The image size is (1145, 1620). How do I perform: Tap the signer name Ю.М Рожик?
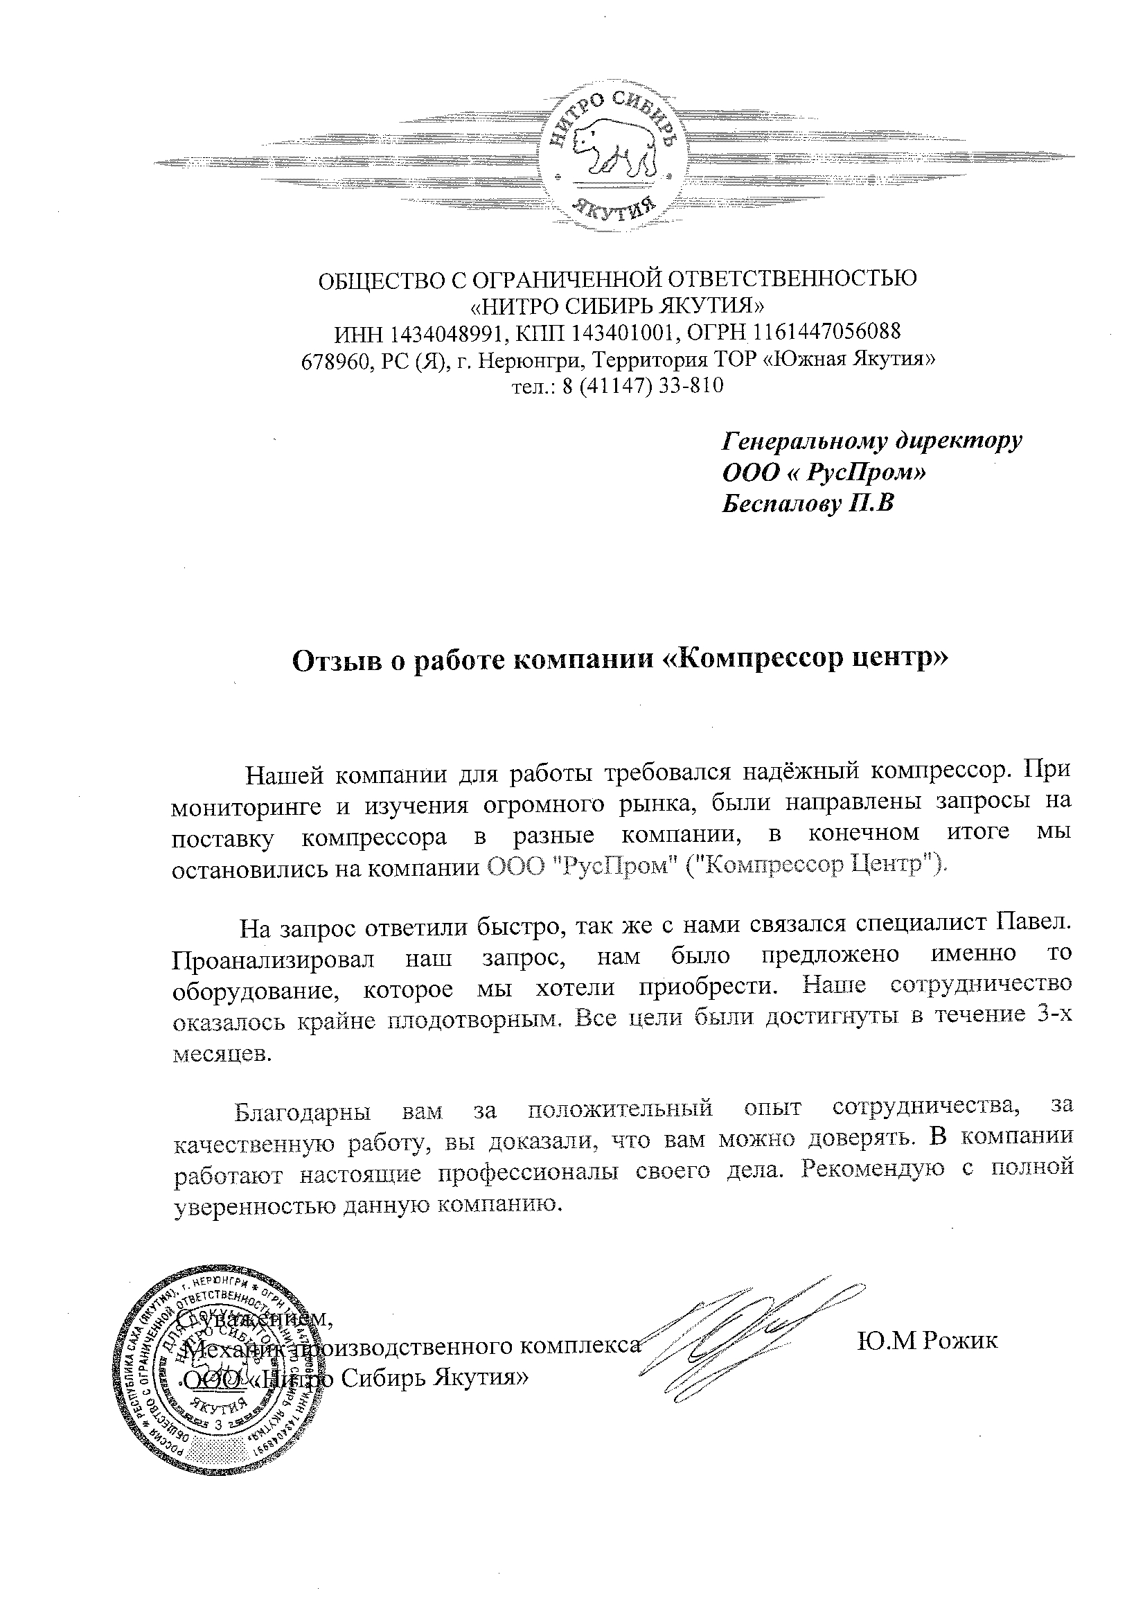(x=927, y=1341)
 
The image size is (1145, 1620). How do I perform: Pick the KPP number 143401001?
(x=624, y=332)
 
